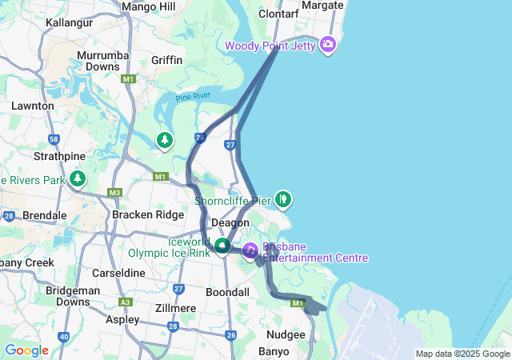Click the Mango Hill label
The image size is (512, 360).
pyautogui.click(x=148, y=6)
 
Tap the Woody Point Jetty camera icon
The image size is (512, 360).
pyautogui.click(x=327, y=45)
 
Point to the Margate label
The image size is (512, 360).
pyautogui.click(x=323, y=5)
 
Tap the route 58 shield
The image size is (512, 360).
pyautogui.click(x=54, y=139)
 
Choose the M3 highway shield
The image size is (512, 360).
pyautogui.click(x=114, y=193)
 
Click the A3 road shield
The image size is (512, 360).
pyautogui.click(x=125, y=302)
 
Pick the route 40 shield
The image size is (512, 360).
pyautogui.click(x=64, y=337)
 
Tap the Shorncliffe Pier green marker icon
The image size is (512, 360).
pyautogui.click(x=282, y=198)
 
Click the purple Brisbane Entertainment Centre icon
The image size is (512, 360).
pyautogui.click(x=250, y=251)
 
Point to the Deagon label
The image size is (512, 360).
pyautogui.click(x=230, y=223)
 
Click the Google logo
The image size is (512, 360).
pyautogui.click(x=26, y=350)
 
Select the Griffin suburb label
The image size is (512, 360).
pyautogui.click(x=166, y=60)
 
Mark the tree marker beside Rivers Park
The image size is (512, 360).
pyautogui.click(x=78, y=178)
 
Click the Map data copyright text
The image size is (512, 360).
pyautogui.click(x=462, y=354)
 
